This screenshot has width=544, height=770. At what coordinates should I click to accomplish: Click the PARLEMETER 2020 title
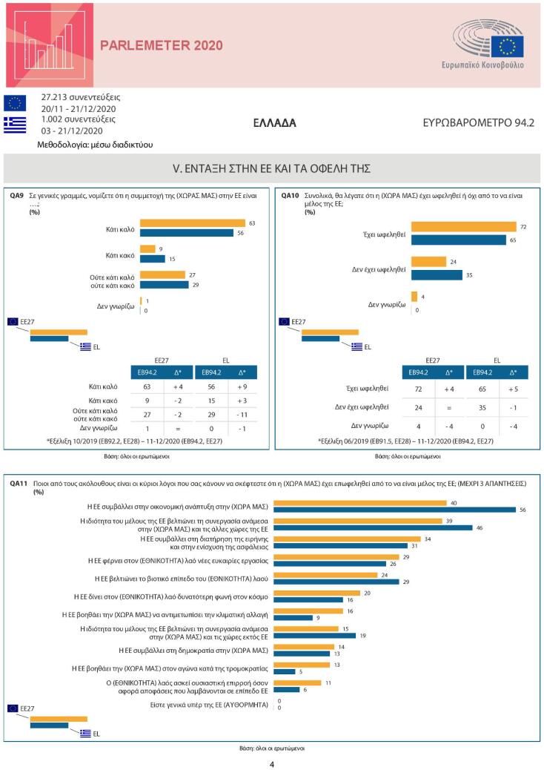coord(161,46)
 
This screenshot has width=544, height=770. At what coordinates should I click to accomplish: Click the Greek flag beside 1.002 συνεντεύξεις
coord(15,125)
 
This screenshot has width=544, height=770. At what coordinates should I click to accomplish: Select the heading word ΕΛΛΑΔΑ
coord(274,123)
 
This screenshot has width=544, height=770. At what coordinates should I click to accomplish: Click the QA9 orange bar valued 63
coord(192,223)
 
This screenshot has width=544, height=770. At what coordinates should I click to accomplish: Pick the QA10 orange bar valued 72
coord(463,226)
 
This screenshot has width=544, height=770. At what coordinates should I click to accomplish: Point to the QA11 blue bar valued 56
coord(395,509)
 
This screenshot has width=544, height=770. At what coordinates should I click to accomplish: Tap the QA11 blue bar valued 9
coord(293,617)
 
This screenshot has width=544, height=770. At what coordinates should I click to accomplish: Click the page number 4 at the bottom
coord(272,764)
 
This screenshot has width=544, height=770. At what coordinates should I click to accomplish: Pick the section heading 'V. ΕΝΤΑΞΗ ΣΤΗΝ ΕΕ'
coord(271,169)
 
